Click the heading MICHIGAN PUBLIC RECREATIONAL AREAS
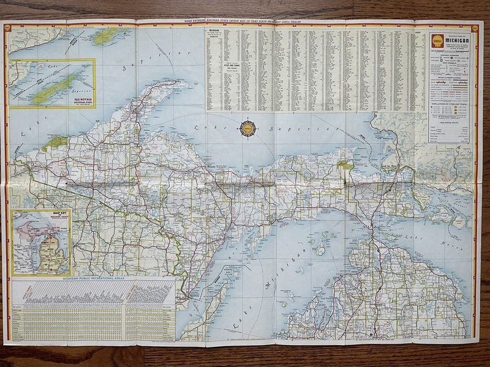coord(92,278)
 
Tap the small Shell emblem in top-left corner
coord(8,28)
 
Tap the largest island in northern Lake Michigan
coord(320,247)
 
